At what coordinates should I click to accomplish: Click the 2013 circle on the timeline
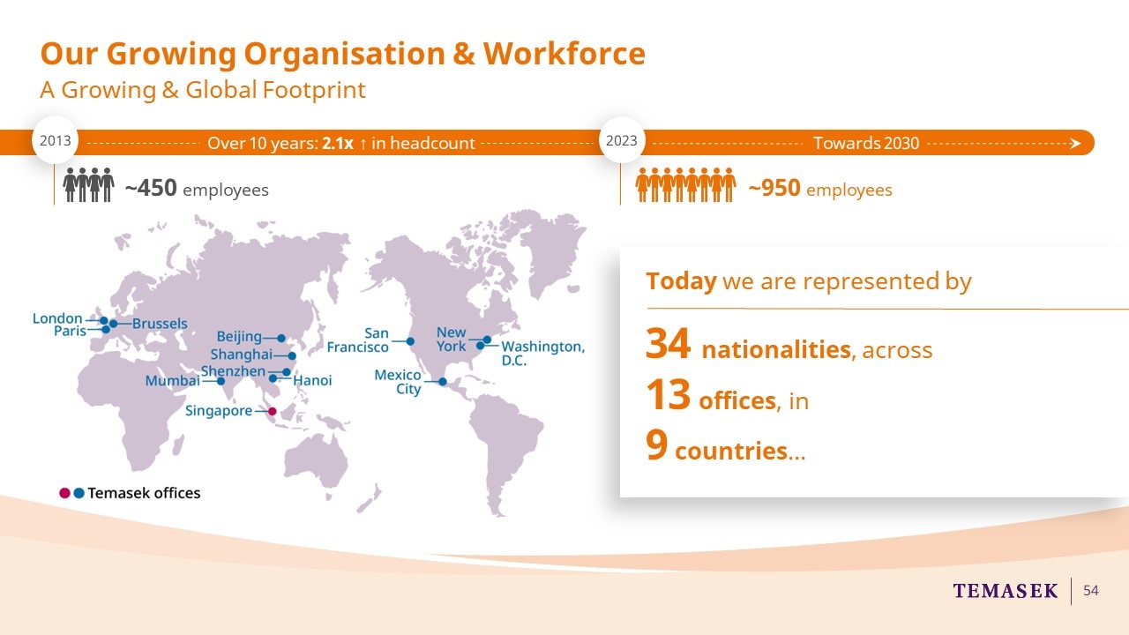point(55,140)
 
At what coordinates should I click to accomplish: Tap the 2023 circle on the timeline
point(622,140)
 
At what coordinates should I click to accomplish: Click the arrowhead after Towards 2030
point(1075,144)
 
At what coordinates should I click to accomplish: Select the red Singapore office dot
point(273,411)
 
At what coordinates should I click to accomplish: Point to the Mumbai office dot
point(221,381)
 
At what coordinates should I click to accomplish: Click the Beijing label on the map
point(239,337)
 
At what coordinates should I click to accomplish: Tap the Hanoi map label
point(312,380)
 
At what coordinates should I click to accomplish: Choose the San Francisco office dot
point(410,341)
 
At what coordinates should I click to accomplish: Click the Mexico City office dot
point(443,382)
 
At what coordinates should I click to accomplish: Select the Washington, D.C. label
point(543,354)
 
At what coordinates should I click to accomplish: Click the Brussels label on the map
point(160,324)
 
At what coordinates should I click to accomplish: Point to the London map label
point(57,318)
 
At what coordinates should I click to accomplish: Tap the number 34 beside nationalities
point(668,343)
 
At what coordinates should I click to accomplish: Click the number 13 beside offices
point(668,394)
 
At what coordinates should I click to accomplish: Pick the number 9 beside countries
point(657,444)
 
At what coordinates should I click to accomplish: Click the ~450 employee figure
point(151,188)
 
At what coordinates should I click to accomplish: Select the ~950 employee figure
point(774,188)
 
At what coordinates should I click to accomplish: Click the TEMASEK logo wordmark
point(1006,591)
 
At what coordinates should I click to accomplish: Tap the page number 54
point(1091,590)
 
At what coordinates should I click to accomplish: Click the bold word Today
point(682,281)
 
